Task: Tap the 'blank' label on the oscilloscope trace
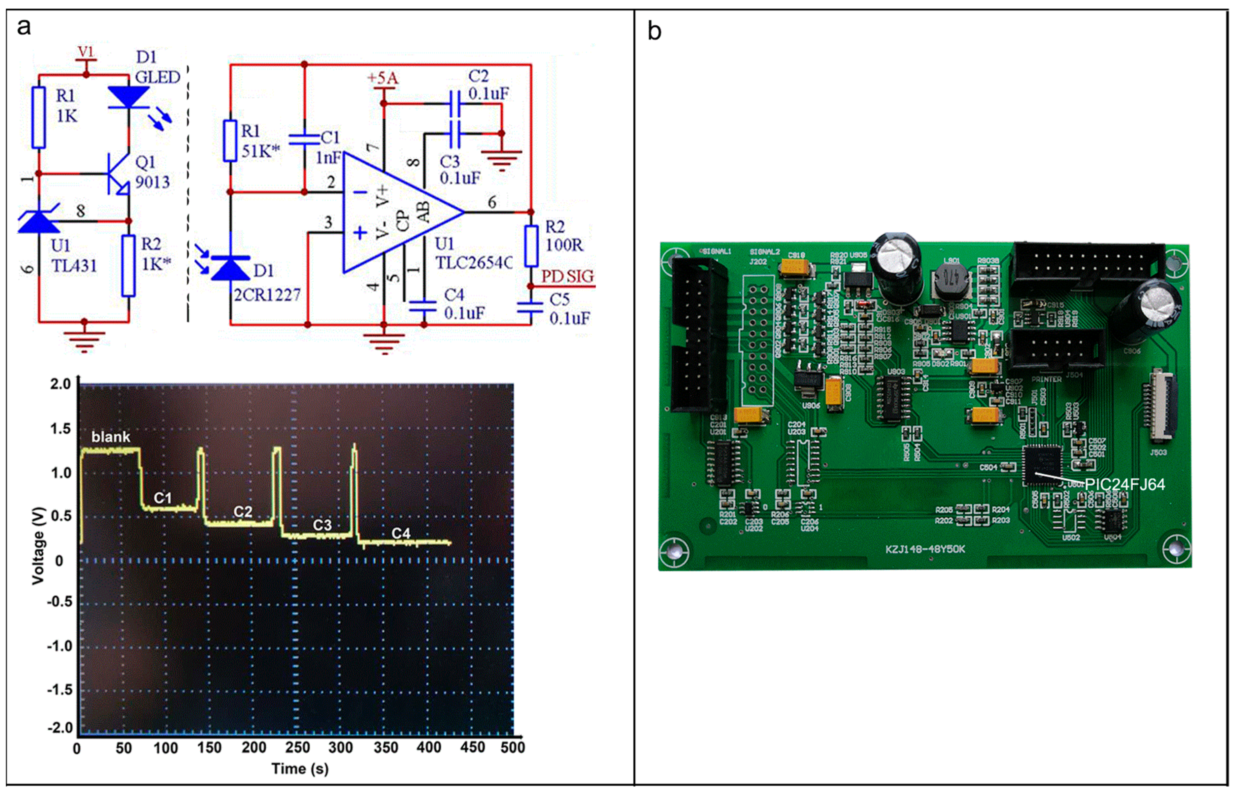[110, 437]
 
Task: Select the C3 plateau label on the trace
[322, 525]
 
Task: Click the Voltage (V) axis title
[39, 546]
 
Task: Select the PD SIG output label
[567, 277]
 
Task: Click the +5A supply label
[382, 78]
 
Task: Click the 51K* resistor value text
[261, 151]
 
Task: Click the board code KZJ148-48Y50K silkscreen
[925, 549]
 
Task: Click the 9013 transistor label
[152, 182]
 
